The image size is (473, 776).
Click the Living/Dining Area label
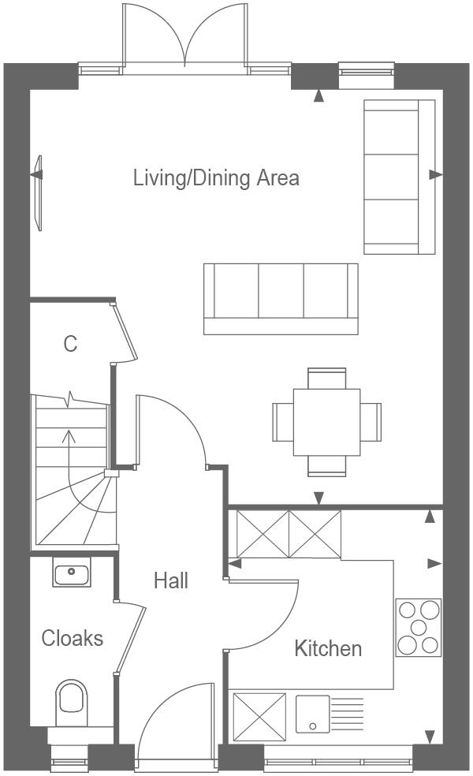click(x=216, y=177)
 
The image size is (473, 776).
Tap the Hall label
click(x=171, y=581)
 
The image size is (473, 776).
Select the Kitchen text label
click(x=328, y=648)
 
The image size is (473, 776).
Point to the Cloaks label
click(x=72, y=638)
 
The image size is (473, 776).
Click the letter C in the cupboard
click(x=70, y=344)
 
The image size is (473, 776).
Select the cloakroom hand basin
click(x=73, y=571)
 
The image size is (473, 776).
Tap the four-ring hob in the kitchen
click(x=418, y=627)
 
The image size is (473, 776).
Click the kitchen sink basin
click(x=312, y=713)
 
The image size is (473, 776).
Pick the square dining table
click(x=326, y=422)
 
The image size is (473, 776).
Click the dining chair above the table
click(x=326, y=379)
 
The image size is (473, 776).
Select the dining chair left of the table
click(x=282, y=422)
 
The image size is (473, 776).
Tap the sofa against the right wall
click(x=399, y=177)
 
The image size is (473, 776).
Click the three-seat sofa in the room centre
click(x=280, y=298)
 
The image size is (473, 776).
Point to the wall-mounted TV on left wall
click(x=37, y=192)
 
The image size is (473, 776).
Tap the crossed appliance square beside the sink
click(x=259, y=713)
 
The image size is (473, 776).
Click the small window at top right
click(x=366, y=76)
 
